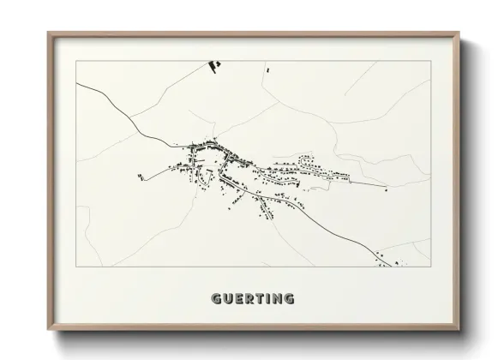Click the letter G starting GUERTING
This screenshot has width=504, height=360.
216,299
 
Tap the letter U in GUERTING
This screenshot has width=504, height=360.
227,299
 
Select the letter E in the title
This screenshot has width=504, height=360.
238,299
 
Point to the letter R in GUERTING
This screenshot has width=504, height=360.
249,299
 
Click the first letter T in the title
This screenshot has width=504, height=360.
259,299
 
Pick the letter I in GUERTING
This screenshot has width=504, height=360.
267,299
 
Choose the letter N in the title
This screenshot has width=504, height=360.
276,299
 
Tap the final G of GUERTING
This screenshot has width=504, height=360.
289,299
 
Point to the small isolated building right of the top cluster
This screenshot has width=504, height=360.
268,69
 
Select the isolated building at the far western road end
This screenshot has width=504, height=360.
139,177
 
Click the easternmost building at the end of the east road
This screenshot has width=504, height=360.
386,189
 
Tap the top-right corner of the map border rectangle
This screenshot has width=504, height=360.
429,61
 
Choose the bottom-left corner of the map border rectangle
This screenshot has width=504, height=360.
76,266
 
